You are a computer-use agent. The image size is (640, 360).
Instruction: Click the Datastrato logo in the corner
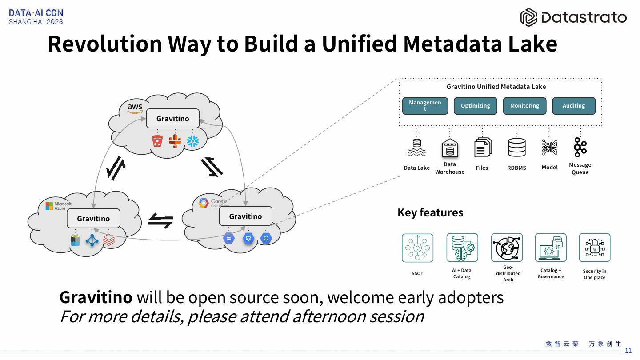click(x=573, y=17)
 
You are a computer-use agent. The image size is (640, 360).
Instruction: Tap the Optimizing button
click(x=475, y=106)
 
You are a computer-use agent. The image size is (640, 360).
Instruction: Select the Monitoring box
click(x=524, y=106)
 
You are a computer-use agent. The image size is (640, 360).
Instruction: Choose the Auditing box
click(x=573, y=106)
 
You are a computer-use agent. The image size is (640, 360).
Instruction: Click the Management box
click(x=425, y=106)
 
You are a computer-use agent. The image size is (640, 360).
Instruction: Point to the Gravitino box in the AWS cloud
click(x=172, y=119)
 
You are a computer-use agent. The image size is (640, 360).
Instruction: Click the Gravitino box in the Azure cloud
click(x=93, y=219)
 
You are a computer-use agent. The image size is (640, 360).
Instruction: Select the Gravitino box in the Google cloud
click(x=245, y=216)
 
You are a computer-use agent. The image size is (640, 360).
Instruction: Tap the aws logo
click(x=135, y=108)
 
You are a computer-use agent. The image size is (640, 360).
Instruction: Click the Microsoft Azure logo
click(x=58, y=206)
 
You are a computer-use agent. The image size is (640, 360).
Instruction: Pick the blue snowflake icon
click(x=193, y=141)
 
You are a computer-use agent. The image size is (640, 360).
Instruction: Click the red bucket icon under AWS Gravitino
click(x=157, y=141)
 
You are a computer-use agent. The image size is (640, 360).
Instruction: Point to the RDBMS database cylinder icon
click(x=516, y=148)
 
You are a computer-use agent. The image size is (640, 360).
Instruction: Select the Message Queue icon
click(x=580, y=147)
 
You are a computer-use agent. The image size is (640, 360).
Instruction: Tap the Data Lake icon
click(x=416, y=148)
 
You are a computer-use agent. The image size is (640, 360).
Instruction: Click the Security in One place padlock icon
click(x=594, y=248)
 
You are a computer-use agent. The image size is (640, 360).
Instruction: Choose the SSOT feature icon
click(x=417, y=248)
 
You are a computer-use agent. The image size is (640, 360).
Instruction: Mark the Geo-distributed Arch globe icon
click(x=507, y=248)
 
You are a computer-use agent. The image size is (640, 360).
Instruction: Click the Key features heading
click(x=430, y=212)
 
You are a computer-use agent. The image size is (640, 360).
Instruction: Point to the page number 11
click(x=628, y=351)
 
